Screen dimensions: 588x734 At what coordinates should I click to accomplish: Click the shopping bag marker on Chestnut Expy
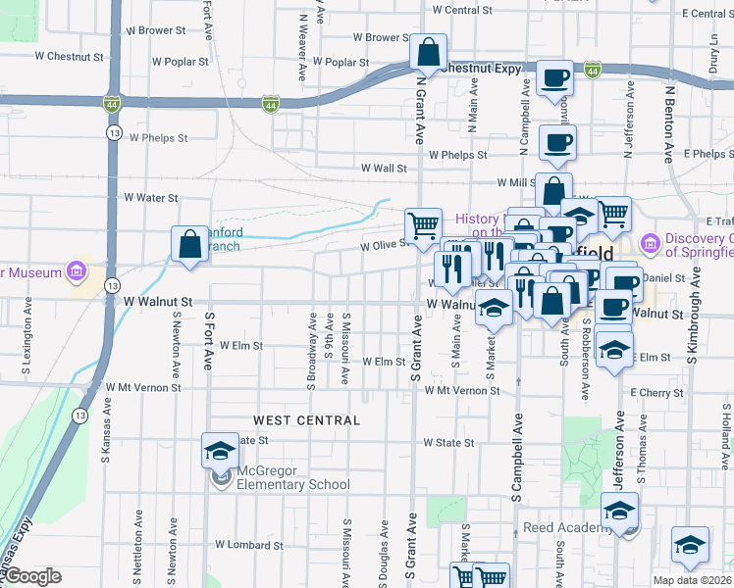pos(429,51)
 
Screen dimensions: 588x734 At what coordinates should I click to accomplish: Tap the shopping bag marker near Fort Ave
pos(188,244)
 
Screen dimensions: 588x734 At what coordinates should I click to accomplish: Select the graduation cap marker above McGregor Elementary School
pos(220,450)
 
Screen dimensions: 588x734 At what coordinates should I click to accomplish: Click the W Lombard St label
pos(249,545)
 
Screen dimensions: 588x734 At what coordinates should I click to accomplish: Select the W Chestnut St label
pos(69,57)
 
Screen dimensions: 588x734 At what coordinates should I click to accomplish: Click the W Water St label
pos(150,197)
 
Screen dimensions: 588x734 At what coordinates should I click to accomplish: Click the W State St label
pos(448,443)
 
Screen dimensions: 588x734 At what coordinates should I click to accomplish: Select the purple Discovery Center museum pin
pos(649,242)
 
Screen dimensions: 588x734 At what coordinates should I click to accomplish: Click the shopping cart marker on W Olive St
pos(423,224)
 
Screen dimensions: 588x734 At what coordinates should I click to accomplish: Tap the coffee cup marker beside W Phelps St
pos(557,141)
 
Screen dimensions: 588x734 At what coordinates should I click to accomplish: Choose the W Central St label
pos(461,10)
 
